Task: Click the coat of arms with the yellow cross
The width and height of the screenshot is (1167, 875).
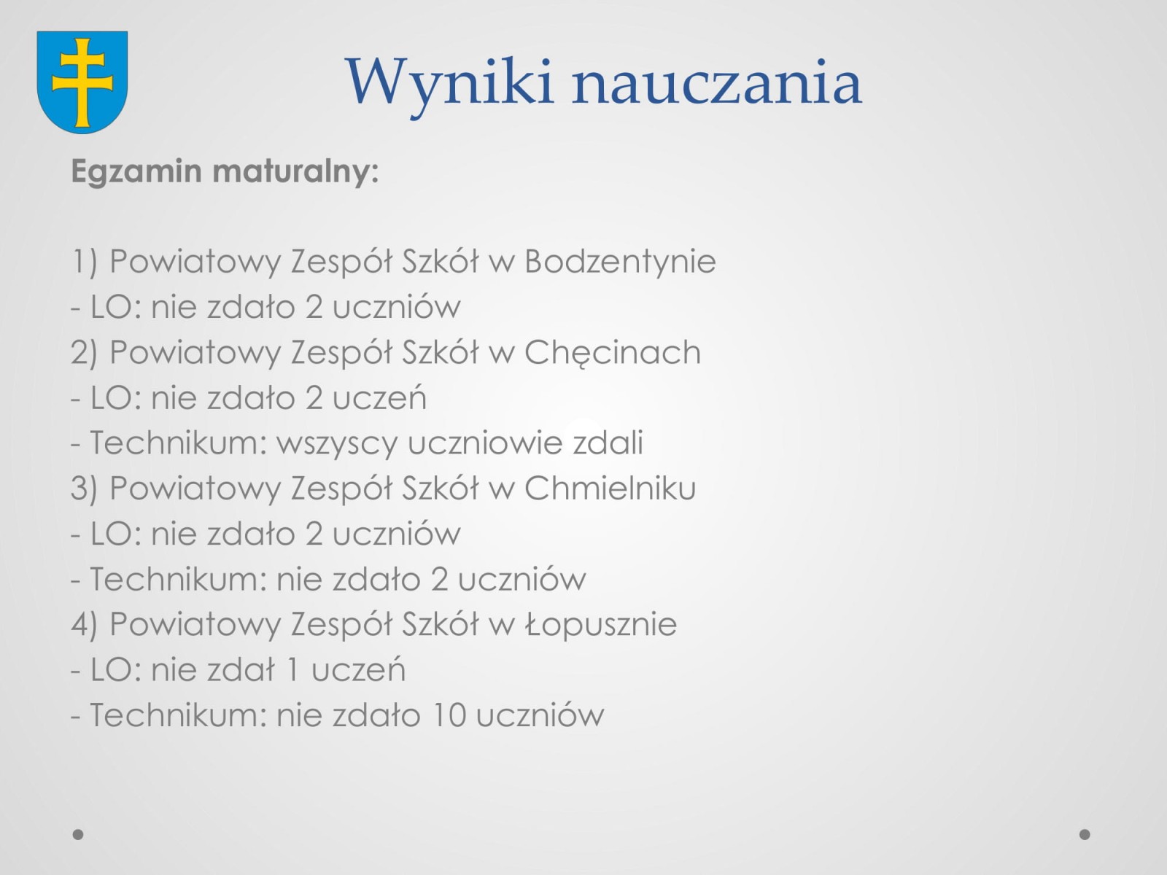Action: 82,82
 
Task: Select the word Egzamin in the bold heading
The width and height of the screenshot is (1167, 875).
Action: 136,172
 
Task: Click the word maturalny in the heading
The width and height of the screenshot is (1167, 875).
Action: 295,171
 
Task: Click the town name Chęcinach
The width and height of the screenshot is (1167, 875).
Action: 613,353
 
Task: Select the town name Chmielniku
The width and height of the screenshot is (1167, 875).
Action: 610,488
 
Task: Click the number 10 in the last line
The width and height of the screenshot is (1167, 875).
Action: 450,715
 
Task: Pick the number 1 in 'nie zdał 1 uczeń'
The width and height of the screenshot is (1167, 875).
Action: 291,670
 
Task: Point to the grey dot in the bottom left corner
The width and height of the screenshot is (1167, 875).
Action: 78,835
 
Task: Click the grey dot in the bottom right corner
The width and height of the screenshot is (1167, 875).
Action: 1085,835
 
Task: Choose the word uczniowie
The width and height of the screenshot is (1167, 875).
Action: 485,443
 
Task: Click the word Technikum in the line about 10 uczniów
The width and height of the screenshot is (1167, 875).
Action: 178,715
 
